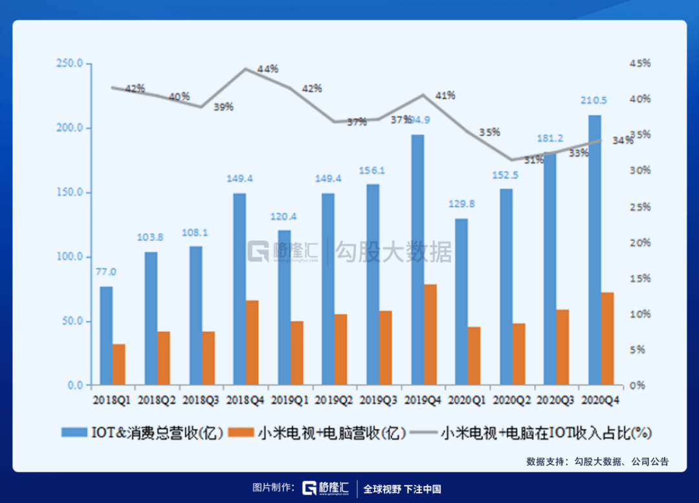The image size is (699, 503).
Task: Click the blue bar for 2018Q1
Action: coord(106,335)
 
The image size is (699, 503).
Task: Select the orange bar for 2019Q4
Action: coord(430,335)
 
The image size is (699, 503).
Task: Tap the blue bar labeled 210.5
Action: coord(594,250)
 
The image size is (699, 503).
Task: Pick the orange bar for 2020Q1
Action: coord(474,356)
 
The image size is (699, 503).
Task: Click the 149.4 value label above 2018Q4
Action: coord(240,179)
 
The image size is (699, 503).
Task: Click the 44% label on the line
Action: coord(267,68)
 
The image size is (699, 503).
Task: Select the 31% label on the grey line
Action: coord(516,160)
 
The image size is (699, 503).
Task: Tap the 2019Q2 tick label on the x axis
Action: coord(335,401)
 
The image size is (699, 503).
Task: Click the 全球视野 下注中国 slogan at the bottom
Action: coord(402,489)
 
